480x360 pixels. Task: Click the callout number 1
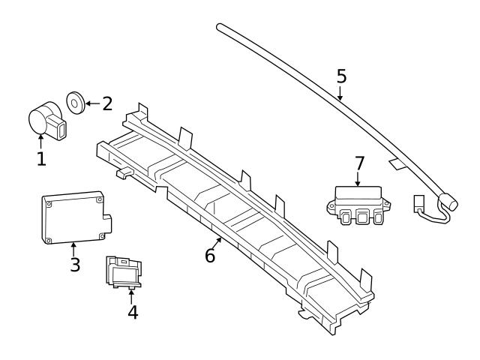tap(41, 158)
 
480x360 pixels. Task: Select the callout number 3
tap(75, 265)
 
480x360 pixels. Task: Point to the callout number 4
tap(132, 311)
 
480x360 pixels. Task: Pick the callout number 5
tap(341, 76)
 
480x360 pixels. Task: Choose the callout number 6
tap(210, 255)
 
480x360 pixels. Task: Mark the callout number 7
tap(359, 162)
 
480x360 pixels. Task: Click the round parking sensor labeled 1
tap(43, 120)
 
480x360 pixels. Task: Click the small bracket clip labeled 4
tap(124, 271)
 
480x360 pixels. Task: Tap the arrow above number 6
tap(218, 241)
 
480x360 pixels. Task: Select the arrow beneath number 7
tap(358, 178)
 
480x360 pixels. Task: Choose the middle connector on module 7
tap(362, 217)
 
